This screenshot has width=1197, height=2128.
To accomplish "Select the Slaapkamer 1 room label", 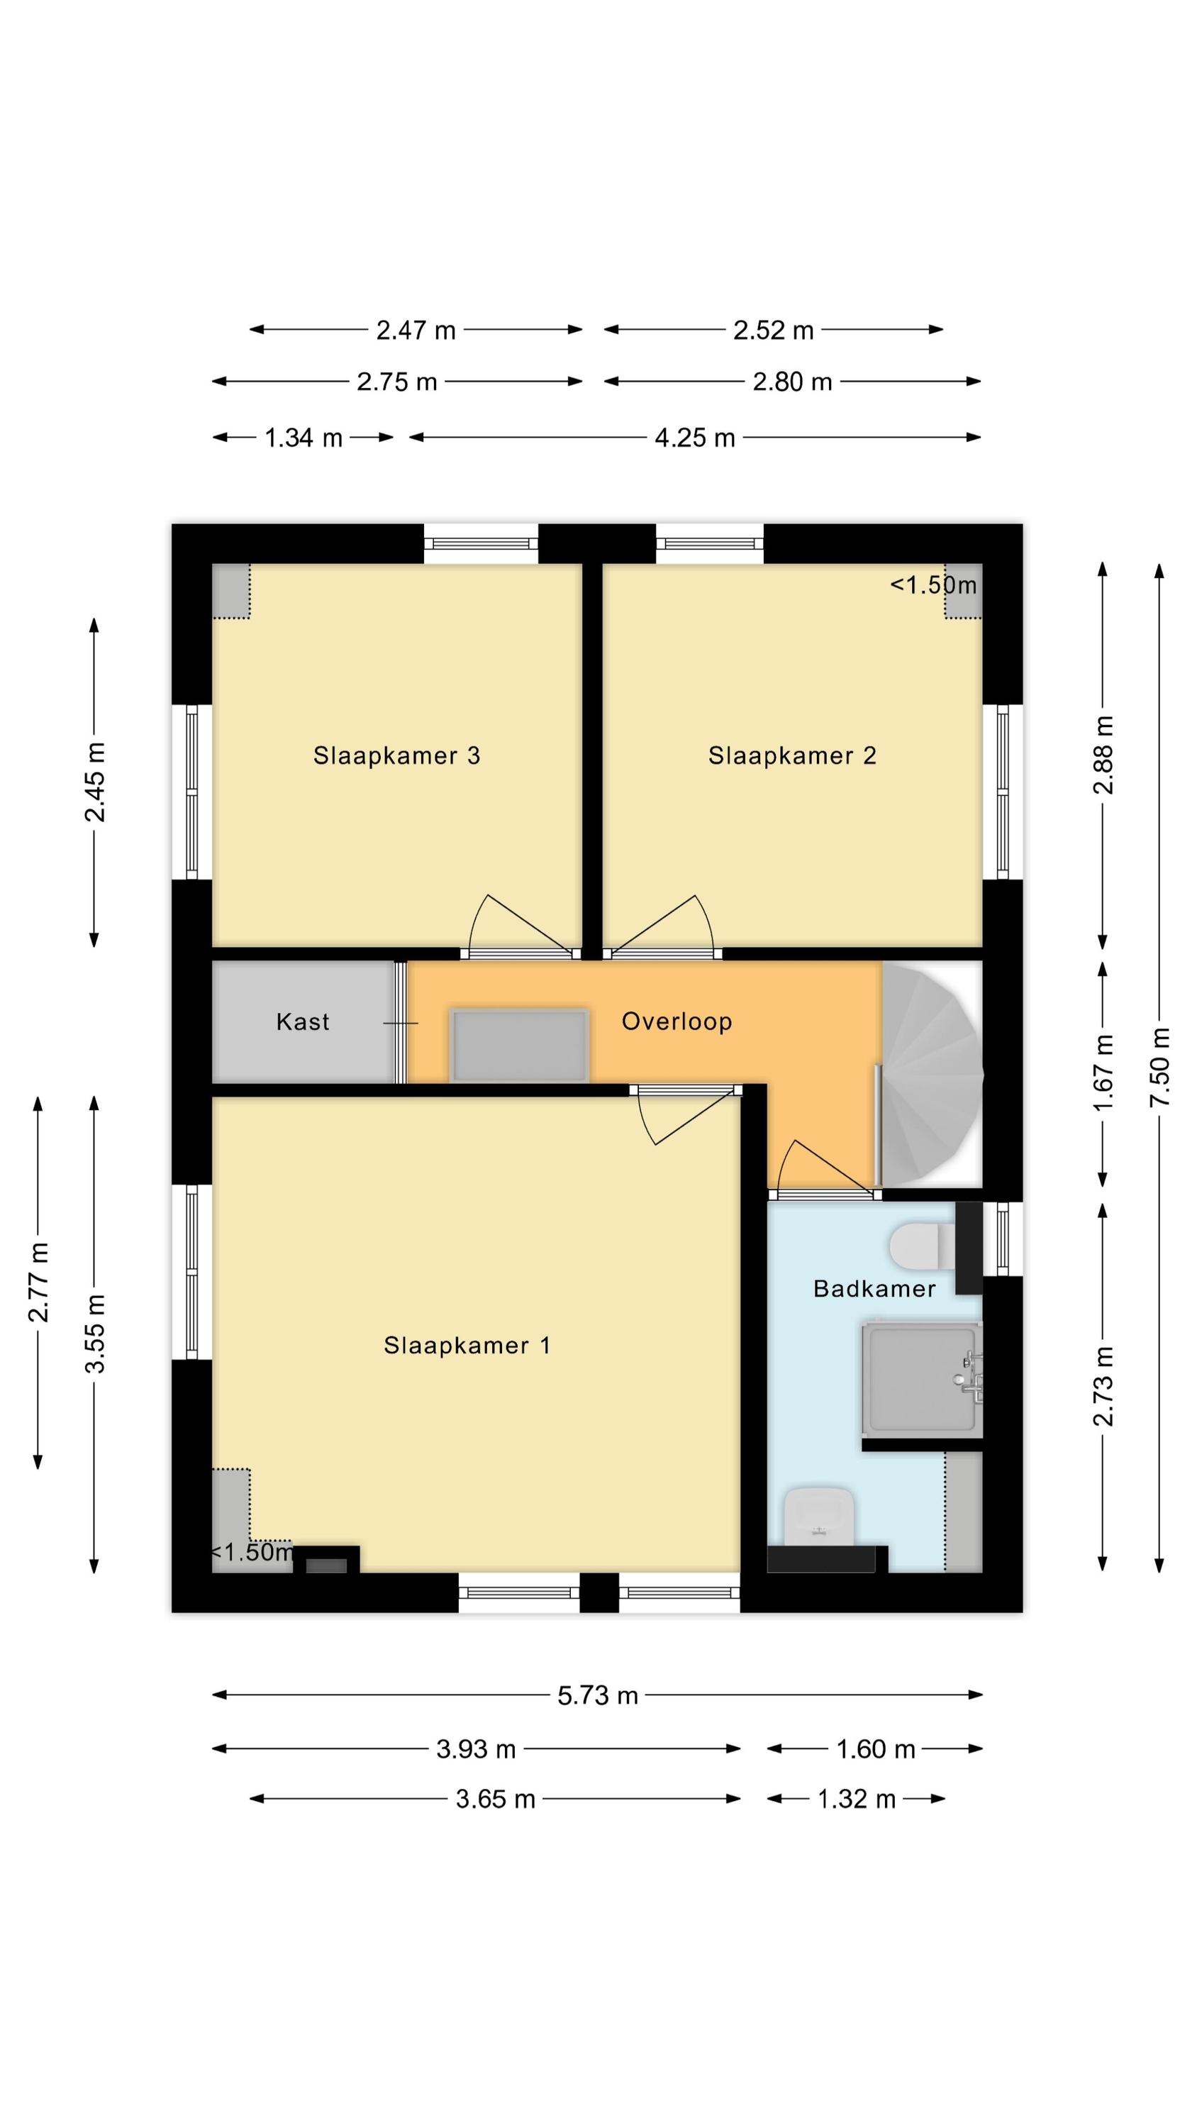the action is pyautogui.click(x=467, y=1346).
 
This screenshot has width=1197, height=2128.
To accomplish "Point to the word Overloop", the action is pyautogui.click(x=677, y=1022).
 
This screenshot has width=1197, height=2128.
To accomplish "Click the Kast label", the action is pyautogui.click(x=302, y=1022).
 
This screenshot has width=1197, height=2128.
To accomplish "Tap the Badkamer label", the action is pyautogui.click(x=874, y=1289).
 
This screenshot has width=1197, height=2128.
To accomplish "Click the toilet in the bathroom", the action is pyautogui.click(x=923, y=1246).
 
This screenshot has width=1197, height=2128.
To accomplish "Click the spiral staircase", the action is pyautogui.click(x=932, y=1074).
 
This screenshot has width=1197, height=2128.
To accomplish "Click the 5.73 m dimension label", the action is pyautogui.click(x=598, y=1696).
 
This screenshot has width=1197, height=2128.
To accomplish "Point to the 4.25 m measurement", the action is pyautogui.click(x=695, y=438).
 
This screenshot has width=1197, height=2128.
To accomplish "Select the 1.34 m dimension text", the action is pyautogui.click(x=304, y=438).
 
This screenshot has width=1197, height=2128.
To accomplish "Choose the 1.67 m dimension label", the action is pyautogui.click(x=1103, y=1073).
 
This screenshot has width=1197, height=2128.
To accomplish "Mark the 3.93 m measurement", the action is pyautogui.click(x=476, y=1749).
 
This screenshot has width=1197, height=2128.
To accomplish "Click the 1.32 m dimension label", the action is pyautogui.click(x=857, y=1798).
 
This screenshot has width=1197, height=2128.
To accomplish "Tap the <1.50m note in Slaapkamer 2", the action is pyautogui.click(x=932, y=585).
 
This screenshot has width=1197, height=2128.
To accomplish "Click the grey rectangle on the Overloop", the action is pyautogui.click(x=519, y=1045).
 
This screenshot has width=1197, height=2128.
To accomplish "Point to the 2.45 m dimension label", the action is pyautogui.click(x=95, y=782).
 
